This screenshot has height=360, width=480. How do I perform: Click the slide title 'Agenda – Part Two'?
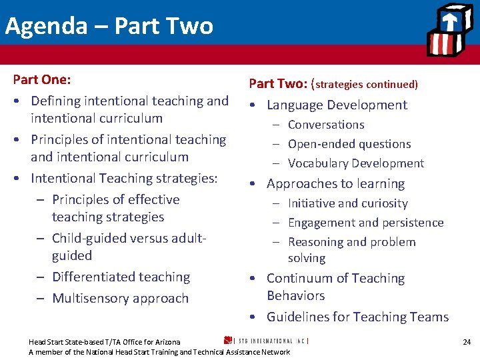(x=109, y=26)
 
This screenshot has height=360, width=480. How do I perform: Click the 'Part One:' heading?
(x=42, y=79)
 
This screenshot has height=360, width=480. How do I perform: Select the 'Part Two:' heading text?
(x=277, y=84)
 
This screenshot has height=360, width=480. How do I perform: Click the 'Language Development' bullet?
(x=337, y=105)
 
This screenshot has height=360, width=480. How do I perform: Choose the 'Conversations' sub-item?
(x=326, y=125)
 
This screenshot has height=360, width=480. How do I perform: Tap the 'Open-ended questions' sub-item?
(x=349, y=144)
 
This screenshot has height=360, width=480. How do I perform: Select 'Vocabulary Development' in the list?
(x=356, y=163)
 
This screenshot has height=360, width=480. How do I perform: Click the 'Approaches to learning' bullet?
(x=335, y=183)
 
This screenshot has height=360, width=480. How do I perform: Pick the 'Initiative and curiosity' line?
(x=347, y=203)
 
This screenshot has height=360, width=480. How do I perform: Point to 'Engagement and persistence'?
(x=365, y=223)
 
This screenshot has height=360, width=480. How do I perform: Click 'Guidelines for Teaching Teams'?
(x=357, y=317)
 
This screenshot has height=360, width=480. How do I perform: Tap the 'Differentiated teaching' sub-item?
(x=121, y=277)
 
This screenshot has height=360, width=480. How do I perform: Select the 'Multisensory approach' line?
(x=120, y=298)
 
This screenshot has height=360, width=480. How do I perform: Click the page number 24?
(x=467, y=342)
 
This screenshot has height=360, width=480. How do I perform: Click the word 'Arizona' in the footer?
(x=167, y=342)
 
